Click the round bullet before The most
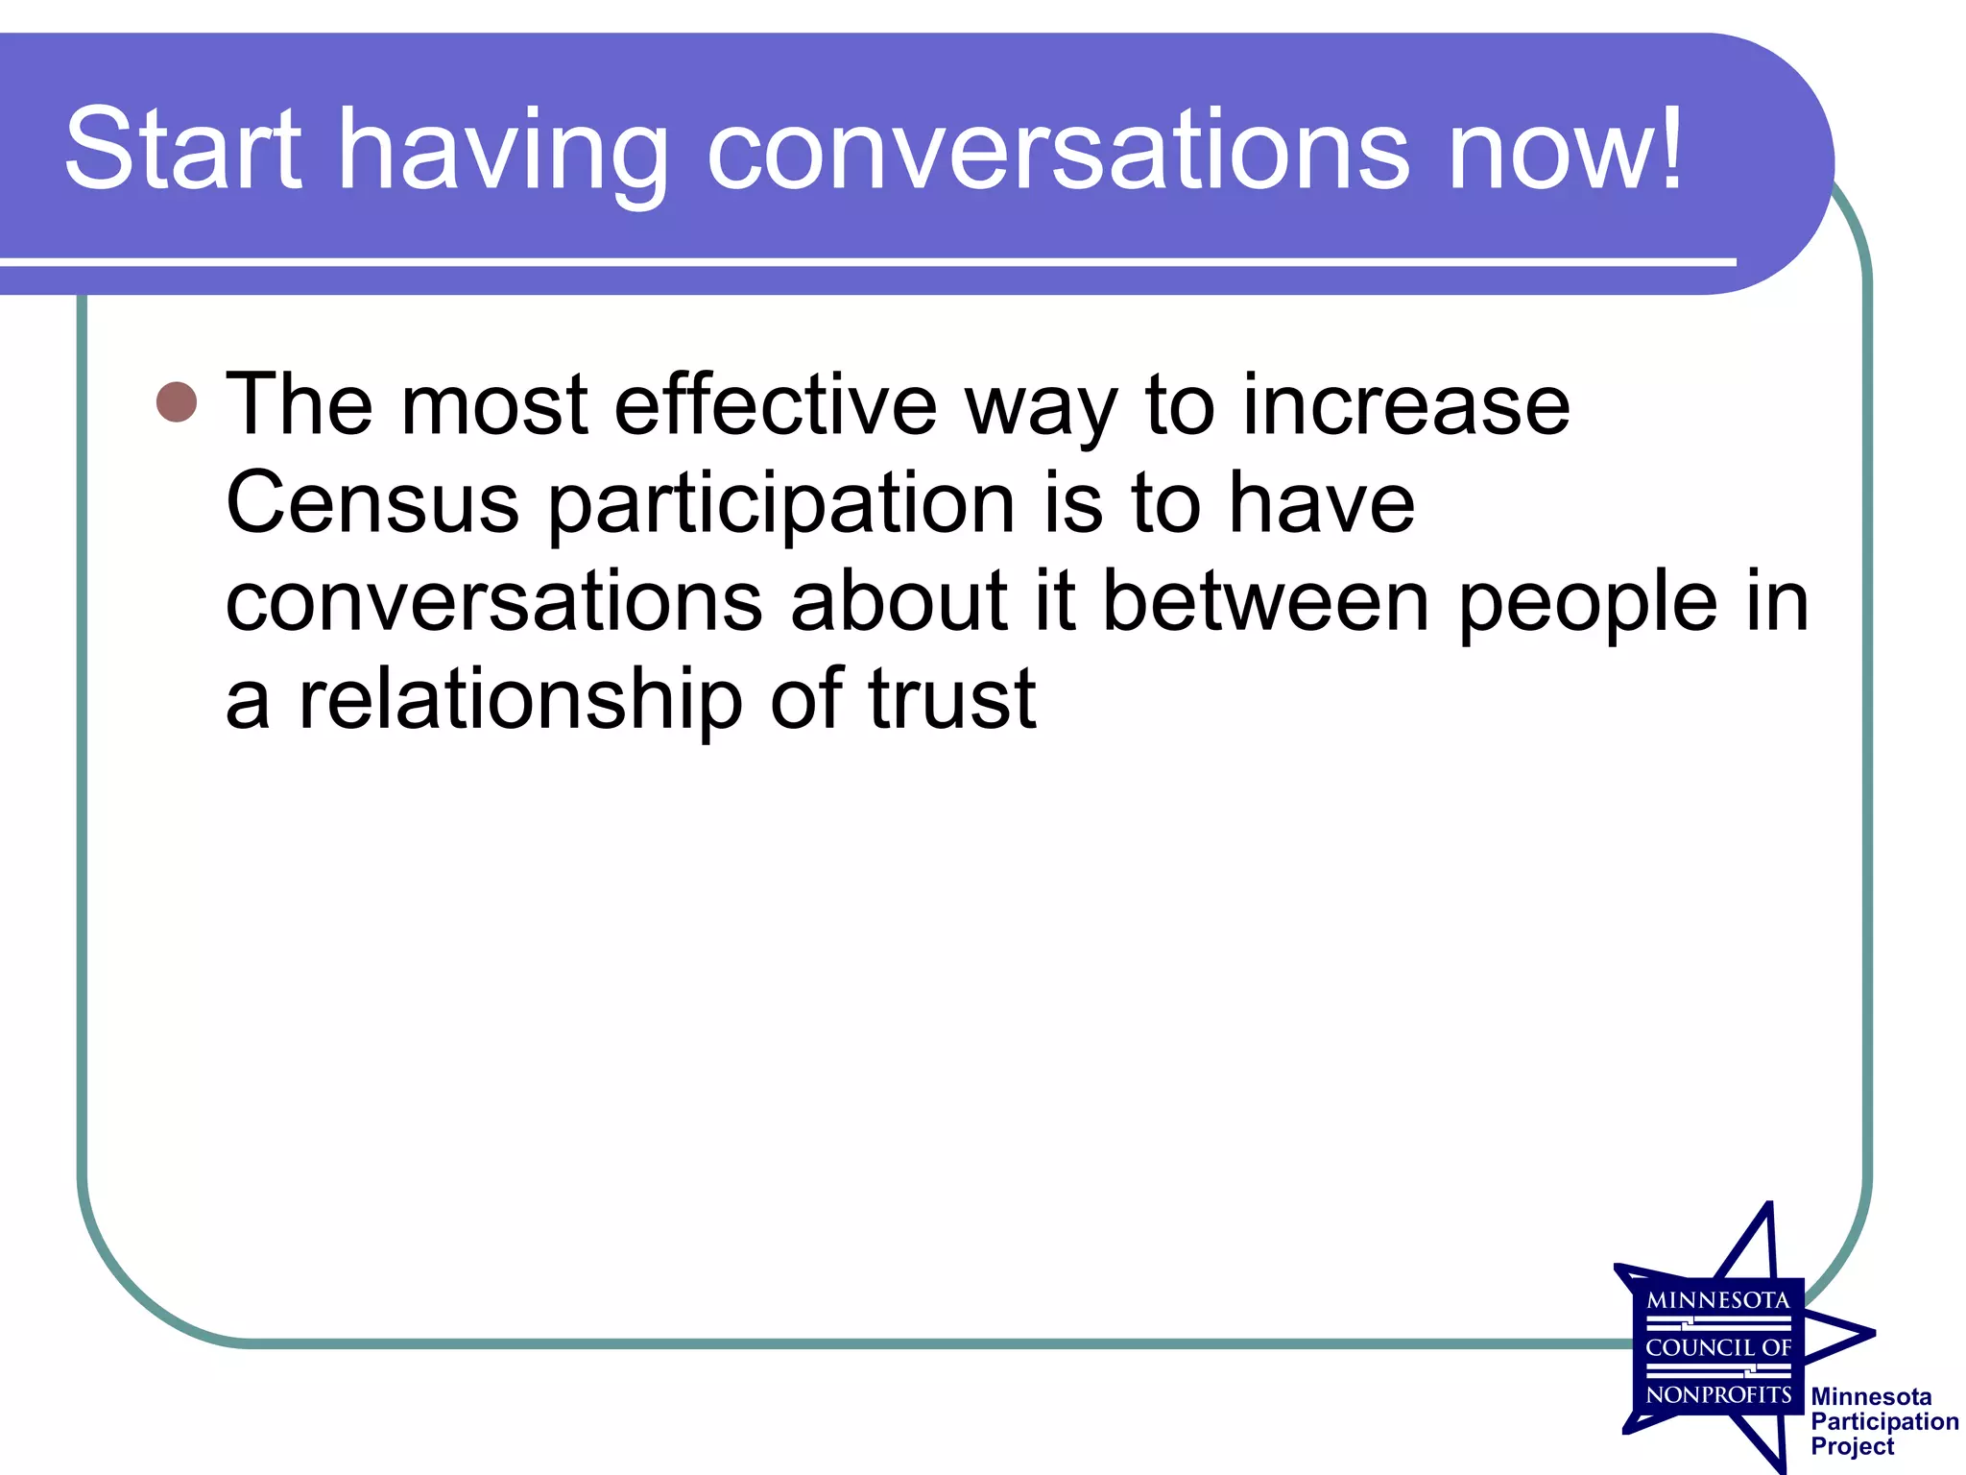[x=177, y=402]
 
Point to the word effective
[x=776, y=405]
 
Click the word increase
[x=1406, y=405]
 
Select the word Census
[x=372, y=503]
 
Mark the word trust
[x=952, y=699]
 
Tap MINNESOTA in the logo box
[x=1718, y=1300]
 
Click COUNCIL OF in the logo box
[x=1718, y=1347]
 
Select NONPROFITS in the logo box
[x=1718, y=1394]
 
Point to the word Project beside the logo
[x=1853, y=1446]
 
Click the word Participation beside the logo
[x=1884, y=1421]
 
